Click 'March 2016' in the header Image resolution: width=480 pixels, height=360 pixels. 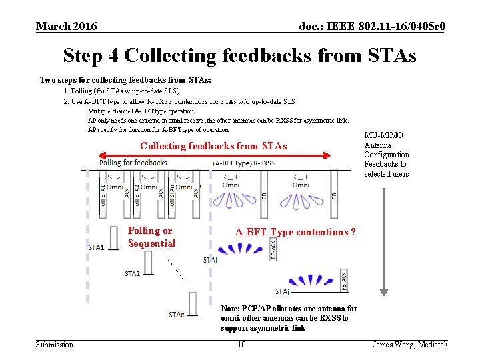click(66, 27)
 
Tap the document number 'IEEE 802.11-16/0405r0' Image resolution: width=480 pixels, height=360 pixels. click(373, 27)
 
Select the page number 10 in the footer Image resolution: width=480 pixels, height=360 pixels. click(241, 345)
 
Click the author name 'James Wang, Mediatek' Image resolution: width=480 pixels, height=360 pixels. click(410, 345)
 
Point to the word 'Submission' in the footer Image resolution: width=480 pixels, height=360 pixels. click(55, 345)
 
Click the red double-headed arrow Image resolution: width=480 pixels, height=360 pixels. click(215, 156)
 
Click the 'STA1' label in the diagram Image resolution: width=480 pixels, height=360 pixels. click(96, 248)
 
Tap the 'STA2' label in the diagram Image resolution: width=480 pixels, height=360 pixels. click(132, 274)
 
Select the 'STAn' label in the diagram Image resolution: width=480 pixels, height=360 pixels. click(177, 314)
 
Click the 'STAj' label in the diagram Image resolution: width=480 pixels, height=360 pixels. click(282, 291)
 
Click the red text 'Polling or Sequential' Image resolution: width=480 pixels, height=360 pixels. click(151, 237)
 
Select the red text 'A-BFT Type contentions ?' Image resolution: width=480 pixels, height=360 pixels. click(295, 232)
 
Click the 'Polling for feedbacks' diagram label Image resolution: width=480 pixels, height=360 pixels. click(133, 163)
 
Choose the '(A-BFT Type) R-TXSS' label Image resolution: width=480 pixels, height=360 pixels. click(243, 163)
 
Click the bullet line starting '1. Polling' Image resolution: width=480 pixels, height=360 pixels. click(121, 91)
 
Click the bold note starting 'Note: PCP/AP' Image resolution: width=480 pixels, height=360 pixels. click(289, 319)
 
